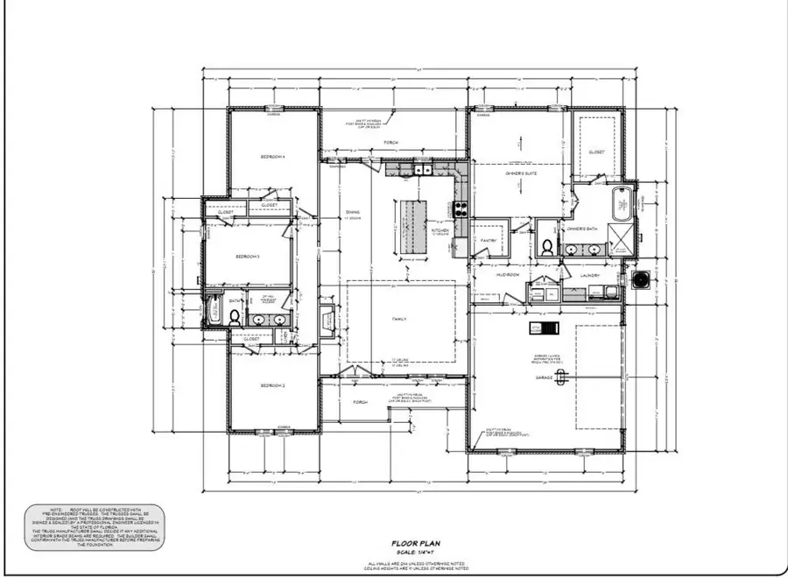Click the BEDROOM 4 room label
pos(273,157)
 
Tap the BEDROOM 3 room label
pos(248,257)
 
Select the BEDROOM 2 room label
pos(273,385)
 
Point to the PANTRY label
pos(489,240)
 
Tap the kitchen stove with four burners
pos(461,209)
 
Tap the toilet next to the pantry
pos(545,246)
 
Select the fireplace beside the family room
pos(326,320)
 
